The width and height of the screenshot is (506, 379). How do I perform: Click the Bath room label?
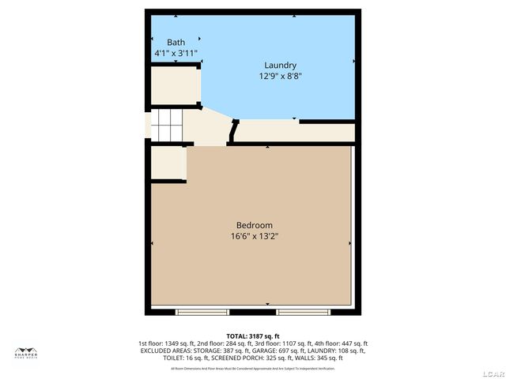(176, 42)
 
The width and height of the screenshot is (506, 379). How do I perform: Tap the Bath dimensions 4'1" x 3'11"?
(176, 53)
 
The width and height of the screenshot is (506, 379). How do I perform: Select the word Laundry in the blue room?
(280, 65)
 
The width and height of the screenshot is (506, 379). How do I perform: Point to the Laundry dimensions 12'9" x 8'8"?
(280, 77)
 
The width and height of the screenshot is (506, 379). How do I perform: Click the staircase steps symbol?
(167, 125)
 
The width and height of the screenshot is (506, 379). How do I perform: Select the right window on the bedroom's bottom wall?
(303, 311)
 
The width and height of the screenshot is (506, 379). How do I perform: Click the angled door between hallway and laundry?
(232, 131)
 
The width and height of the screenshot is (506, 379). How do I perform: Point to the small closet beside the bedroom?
(168, 163)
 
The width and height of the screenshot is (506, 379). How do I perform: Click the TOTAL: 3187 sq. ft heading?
(253, 336)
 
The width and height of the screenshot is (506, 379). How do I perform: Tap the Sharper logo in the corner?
(26, 353)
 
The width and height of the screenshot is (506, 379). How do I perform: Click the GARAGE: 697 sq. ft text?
(264, 351)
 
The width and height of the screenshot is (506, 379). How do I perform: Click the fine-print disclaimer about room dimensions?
(253, 368)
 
